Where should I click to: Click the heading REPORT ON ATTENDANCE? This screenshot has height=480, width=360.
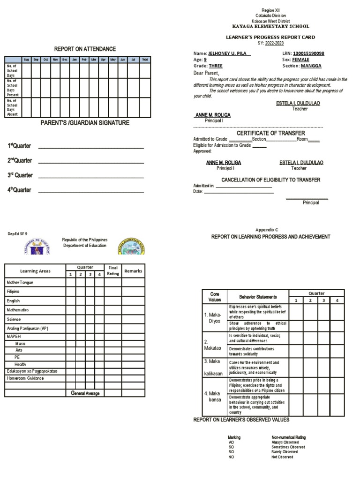tap(85, 49)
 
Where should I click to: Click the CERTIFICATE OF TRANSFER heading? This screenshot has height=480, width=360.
tap(270, 133)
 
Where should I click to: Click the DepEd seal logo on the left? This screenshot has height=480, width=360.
tap(40, 246)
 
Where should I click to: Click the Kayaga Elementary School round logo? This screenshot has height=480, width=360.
tap(132, 245)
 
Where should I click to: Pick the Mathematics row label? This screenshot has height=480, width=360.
tap(18, 310)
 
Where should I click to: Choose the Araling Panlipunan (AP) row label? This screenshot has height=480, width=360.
tap(27, 329)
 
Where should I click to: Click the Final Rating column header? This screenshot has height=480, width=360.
tap(113, 270)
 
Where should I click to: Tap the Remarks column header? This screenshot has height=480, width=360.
tap(133, 271)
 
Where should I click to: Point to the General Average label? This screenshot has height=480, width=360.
tap(85, 393)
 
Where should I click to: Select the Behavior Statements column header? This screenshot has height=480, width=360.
tap(258, 297)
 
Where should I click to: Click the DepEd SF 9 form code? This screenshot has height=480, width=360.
tap(18, 233)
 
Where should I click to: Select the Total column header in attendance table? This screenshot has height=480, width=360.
tap(145, 60)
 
